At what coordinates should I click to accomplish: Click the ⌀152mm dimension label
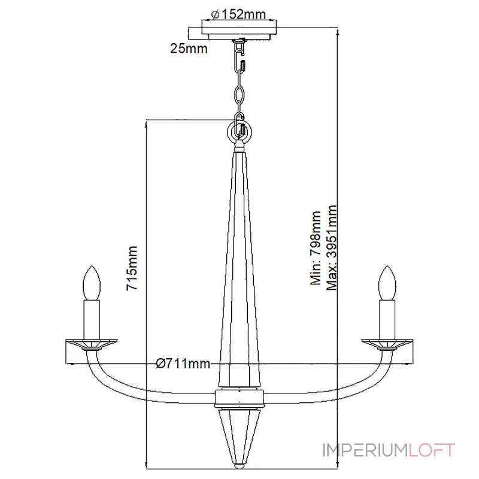point(238,14)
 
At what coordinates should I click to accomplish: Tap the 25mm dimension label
point(189,48)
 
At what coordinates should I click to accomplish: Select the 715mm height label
point(132,268)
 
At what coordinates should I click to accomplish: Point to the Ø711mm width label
point(183,363)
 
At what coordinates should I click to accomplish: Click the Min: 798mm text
point(316,247)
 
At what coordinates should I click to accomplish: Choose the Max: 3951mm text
point(332,247)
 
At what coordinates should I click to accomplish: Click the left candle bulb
point(92,283)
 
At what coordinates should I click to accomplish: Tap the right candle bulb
point(387,283)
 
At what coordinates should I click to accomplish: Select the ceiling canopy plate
point(239,29)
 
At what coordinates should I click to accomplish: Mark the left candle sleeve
point(92,320)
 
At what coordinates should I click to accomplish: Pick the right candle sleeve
point(387,320)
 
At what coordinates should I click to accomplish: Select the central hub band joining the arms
point(239,398)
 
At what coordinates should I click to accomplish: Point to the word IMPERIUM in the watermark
point(365,450)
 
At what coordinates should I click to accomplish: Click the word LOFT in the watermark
point(432,450)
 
